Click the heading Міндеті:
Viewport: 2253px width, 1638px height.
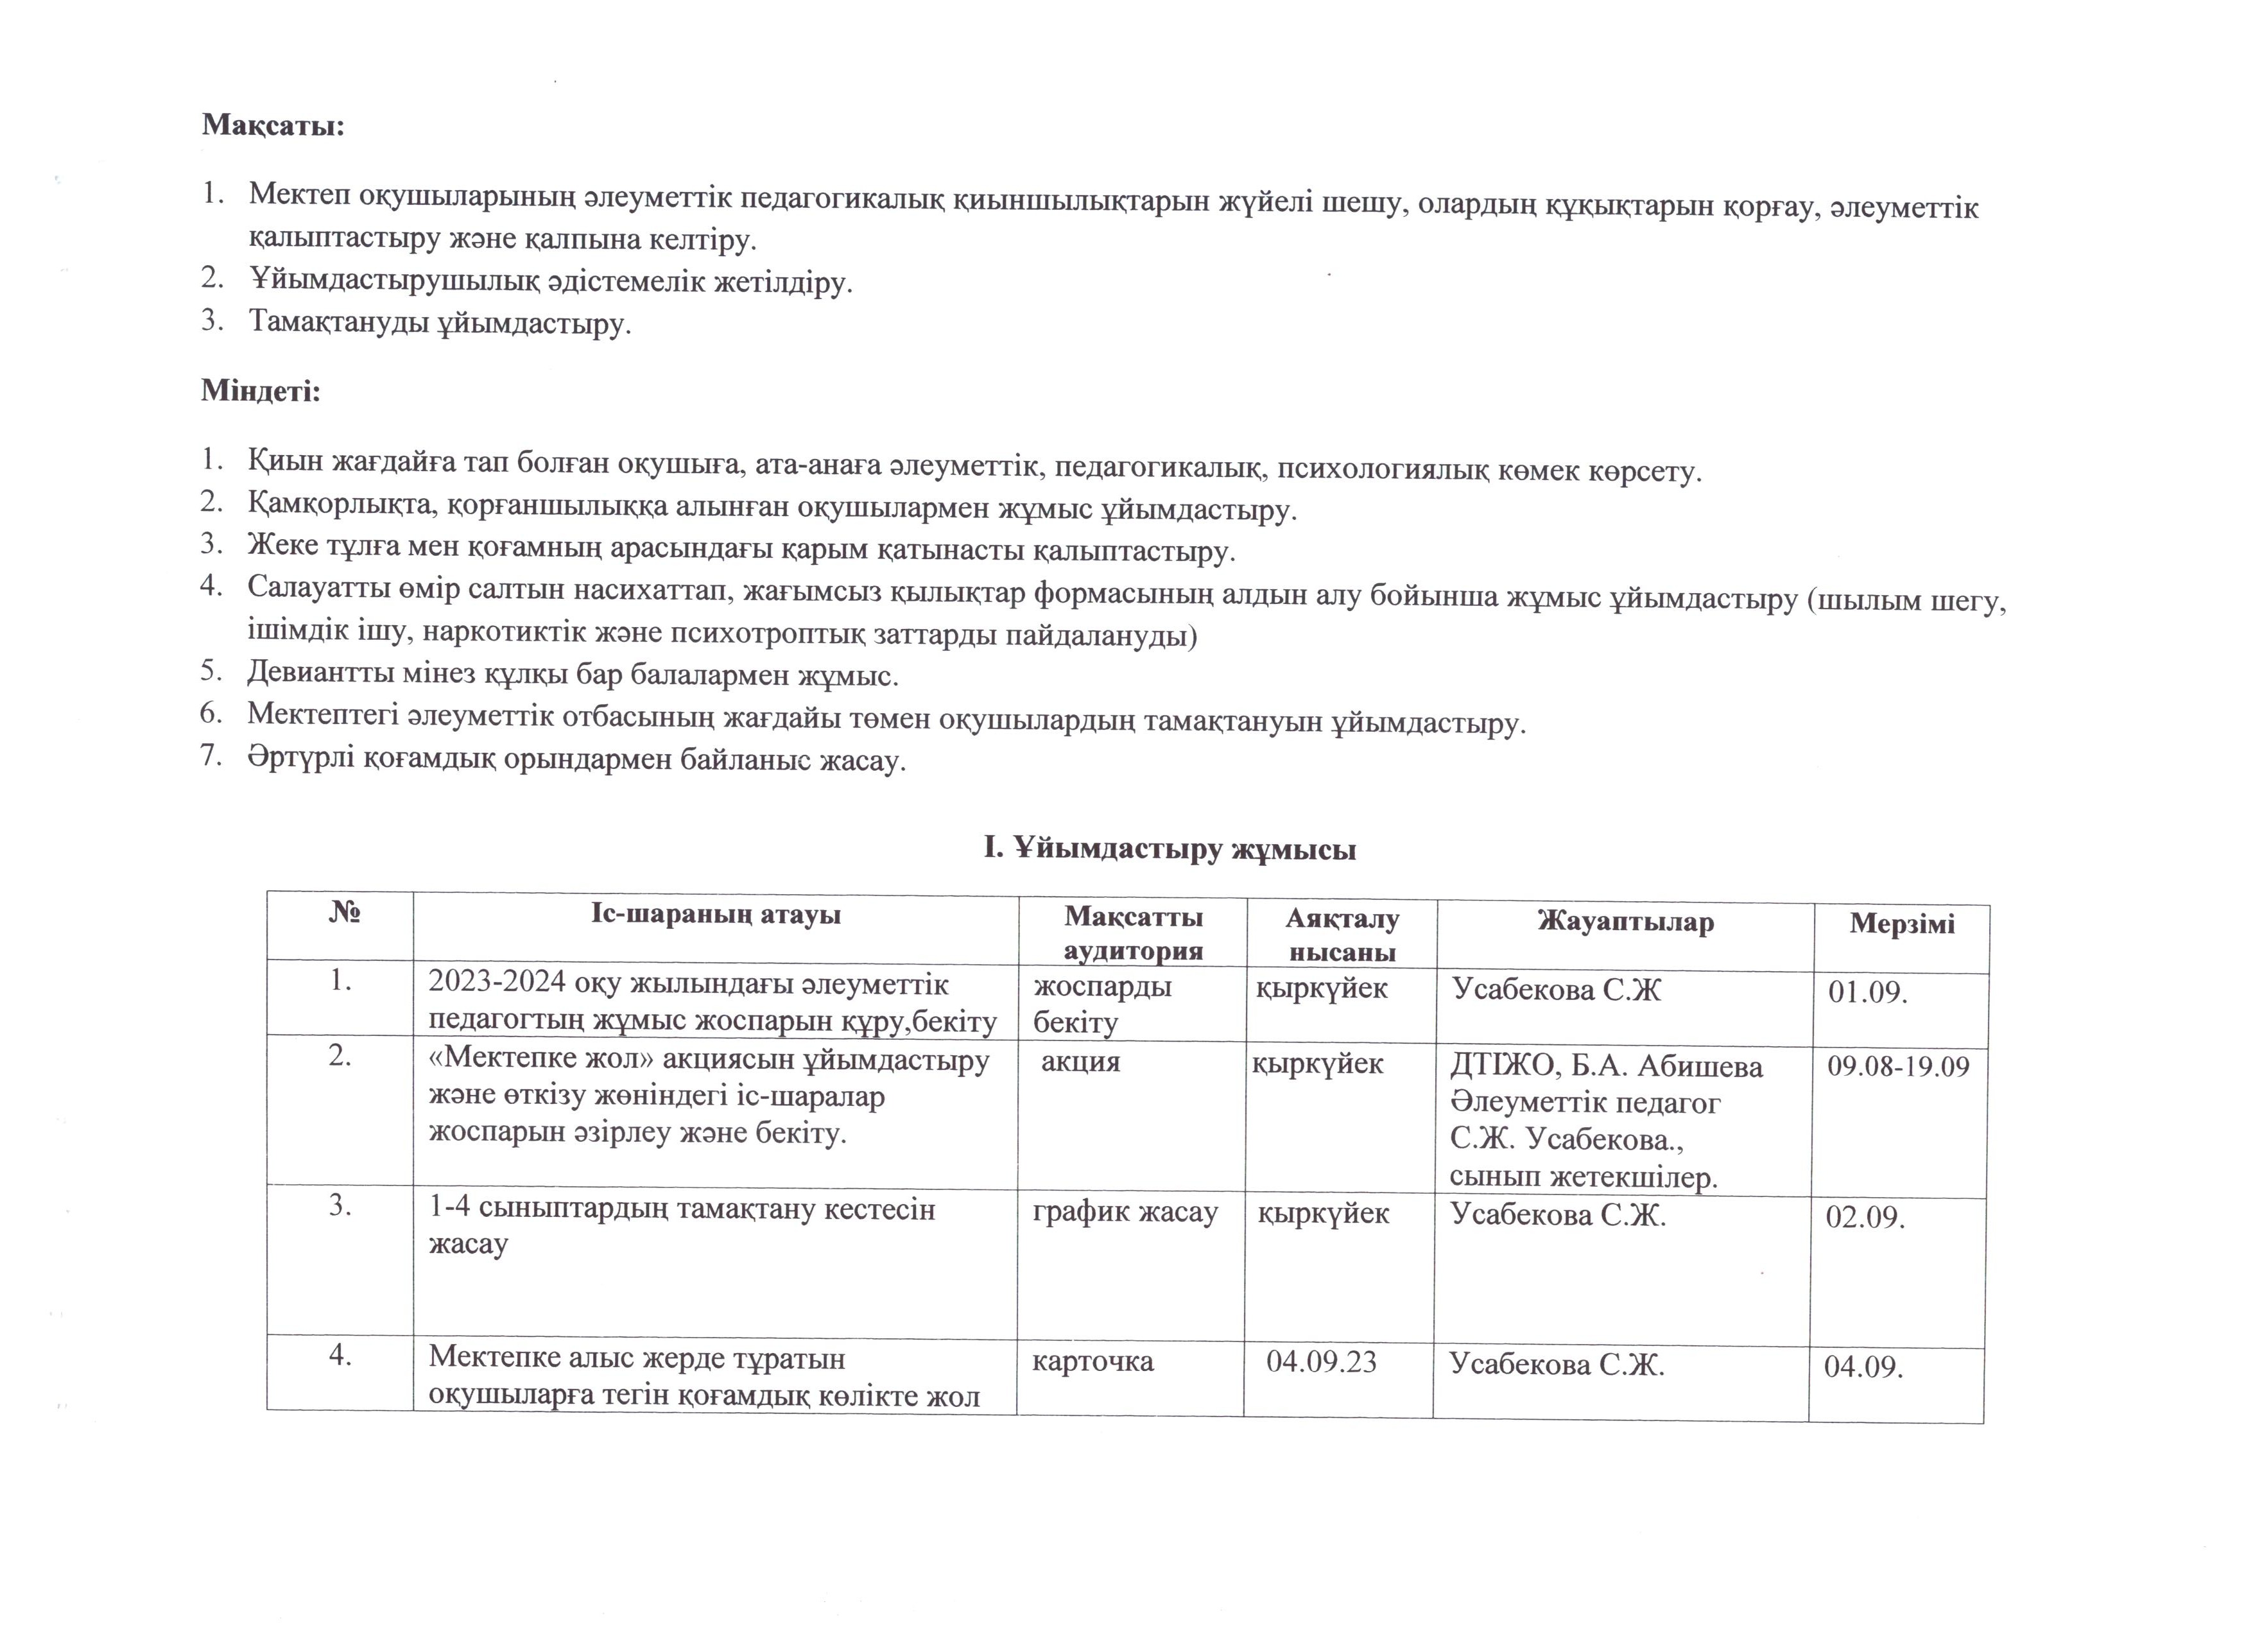pos(261,390)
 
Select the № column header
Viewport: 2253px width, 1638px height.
pos(343,913)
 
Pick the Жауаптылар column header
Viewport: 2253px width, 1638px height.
pos(1625,923)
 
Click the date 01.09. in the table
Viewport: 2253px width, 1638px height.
pos(1868,992)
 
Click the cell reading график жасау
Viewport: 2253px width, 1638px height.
pos(1125,1213)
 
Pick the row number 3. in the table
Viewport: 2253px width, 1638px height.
pos(341,1207)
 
